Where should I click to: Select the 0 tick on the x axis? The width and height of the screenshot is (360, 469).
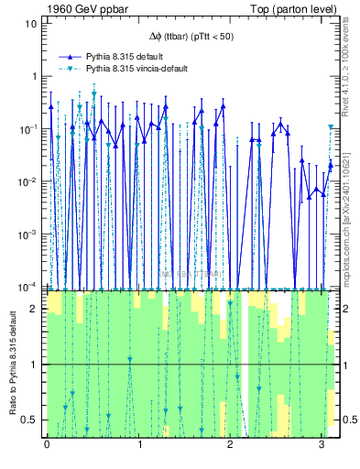click(x=47, y=445)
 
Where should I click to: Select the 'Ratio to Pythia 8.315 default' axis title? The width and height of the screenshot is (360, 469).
click(x=10, y=364)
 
